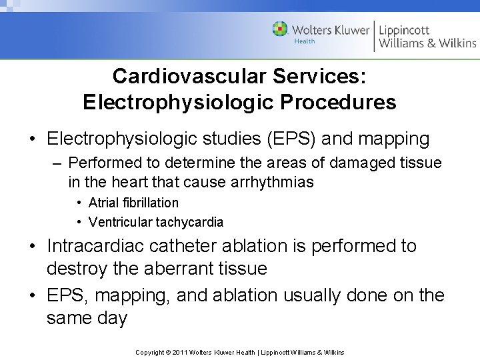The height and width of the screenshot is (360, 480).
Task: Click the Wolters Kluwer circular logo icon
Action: click(x=280, y=29)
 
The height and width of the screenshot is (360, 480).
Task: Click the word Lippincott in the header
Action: click(x=404, y=29)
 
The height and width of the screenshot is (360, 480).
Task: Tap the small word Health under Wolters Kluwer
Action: click(x=305, y=41)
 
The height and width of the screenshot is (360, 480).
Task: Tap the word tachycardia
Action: click(x=191, y=222)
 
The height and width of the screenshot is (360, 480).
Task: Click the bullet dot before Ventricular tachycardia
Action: click(x=79, y=222)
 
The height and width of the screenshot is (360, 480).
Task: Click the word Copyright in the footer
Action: click(x=150, y=352)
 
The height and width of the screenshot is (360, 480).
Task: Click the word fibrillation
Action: click(x=151, y=203)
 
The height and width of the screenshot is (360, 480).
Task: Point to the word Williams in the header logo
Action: click(x=402, y=43)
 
